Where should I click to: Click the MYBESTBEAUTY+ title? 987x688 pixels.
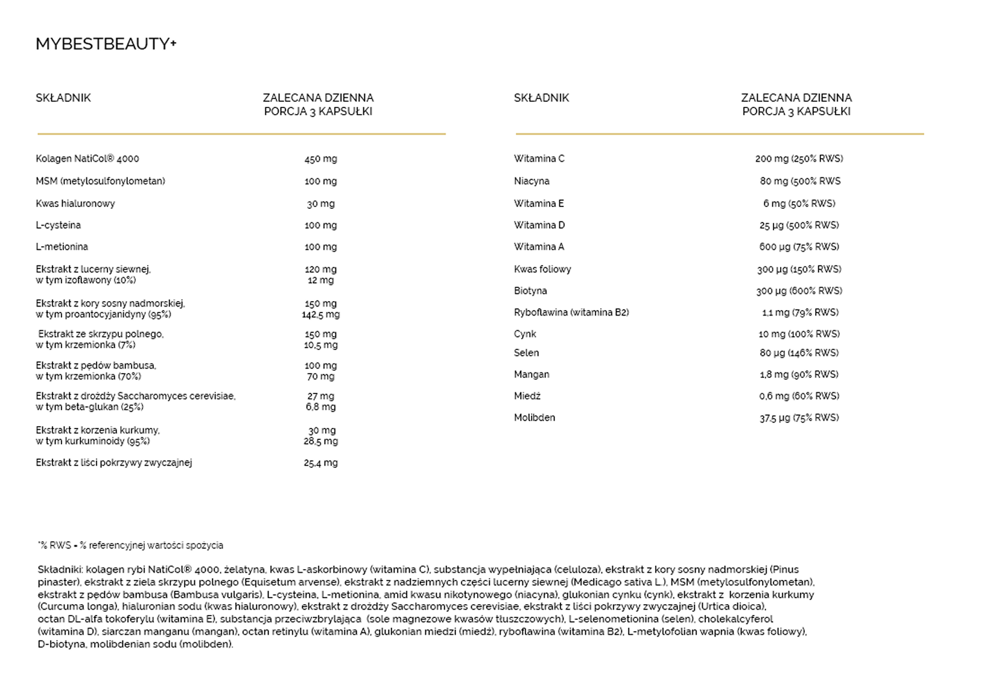[x=106, y=44]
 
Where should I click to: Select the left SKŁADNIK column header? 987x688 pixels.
[x=63, y=98]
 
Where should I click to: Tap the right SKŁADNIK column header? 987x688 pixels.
[x=541, y=98]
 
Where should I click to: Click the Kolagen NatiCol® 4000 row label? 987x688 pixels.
[x=87, y=159]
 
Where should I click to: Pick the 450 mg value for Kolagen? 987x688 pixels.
[x=320, y=159]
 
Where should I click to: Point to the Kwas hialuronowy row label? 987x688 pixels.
[x=75, y=203]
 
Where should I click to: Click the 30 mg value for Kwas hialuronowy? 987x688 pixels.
[x=320, y=203]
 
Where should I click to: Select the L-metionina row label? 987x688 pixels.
[x=62, y=247]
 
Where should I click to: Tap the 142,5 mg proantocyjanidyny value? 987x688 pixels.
[x=320, y=314]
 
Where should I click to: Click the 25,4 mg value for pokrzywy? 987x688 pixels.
[x=320, y=463]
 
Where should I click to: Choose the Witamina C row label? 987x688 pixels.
[x=539, y=159]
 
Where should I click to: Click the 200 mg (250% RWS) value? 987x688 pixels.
[x=799, y=159]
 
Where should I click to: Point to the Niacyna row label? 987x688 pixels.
[x=532, y=181]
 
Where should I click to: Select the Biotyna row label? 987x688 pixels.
[x=530, y=291]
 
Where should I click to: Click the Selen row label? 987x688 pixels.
[x=526, y=353]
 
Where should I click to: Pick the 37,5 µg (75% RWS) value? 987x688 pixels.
[x=799, y=418]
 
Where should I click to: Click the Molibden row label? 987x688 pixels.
[x=535, y=418]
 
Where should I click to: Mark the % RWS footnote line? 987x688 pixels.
[x=130, y=546]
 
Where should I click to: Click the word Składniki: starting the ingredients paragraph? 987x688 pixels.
[x=60, y=570]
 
